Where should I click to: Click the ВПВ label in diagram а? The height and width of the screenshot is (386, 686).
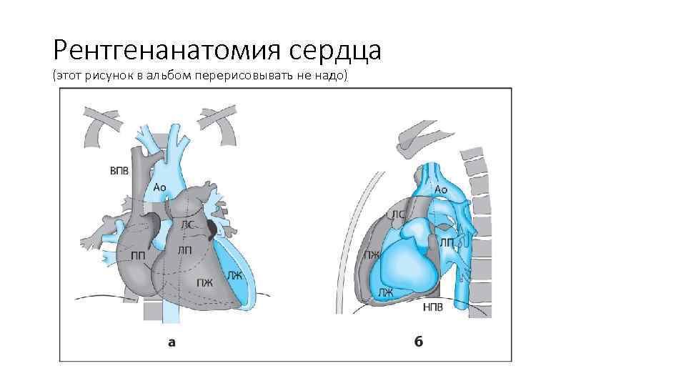point(119,171)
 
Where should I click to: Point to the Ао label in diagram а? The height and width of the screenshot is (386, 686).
point(159,187)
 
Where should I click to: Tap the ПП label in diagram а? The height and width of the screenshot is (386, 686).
point(139,254)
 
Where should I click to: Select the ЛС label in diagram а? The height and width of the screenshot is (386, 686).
point(187,224)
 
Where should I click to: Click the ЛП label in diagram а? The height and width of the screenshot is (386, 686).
point(184,249)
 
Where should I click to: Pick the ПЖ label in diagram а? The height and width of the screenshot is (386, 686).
point(205,282)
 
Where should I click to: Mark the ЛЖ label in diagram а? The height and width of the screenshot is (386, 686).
point(234,274)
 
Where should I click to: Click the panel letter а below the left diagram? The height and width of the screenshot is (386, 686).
point(171,342)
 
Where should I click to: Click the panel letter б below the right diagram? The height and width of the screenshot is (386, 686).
point(419,342)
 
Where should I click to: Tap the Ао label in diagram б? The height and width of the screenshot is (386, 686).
point(441,189)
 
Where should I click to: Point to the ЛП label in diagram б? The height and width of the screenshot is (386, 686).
point(447,243)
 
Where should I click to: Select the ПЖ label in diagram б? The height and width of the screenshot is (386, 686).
point(372,255)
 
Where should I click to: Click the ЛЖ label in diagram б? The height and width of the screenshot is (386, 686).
point(387,292)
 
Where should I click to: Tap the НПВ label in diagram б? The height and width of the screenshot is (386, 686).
point(433,308)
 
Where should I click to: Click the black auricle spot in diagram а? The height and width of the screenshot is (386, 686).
point(213,228)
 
